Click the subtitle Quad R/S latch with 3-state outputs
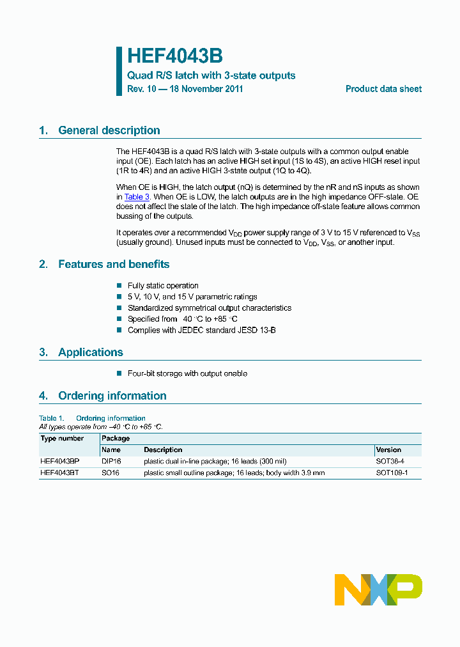[x=211, y=75]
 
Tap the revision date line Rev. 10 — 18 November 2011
[x=185, y=89]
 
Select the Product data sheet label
[x=383, y=89]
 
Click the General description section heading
[x=109, y=130]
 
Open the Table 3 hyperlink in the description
[x=137, y=197]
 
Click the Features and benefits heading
[x=114, y=264]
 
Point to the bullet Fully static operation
[x=163, y=286]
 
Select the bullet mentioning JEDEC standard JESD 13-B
[x=201, y=331]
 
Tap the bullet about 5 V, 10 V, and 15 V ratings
[x=192, y=297]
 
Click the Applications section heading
[x=90, y=352]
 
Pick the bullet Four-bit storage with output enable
[x=187, y=373]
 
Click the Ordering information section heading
[x=112, y=396]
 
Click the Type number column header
[x=62, y=439]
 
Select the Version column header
[x=388, y=450]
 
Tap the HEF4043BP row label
[x=60, y=461]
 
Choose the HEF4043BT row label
[x=60, y=473]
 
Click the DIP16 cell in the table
[x=111, y=461]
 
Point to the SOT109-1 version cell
[x=392, y=473]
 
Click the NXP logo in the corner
[x=378, y=589]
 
